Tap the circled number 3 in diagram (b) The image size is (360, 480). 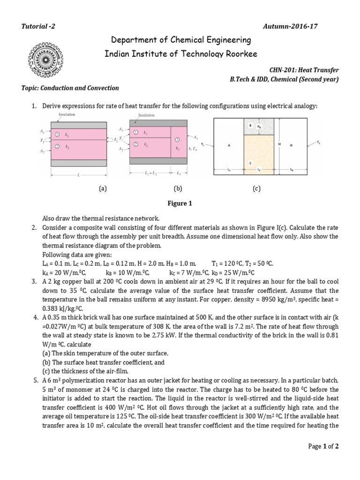click(x=177, y=140)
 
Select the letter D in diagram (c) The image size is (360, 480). click(x=291, y=146)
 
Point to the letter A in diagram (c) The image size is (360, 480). click(x=229, y=146)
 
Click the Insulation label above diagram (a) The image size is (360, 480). click(x=67, y=114)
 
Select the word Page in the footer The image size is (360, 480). click(x=315, y=446)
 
